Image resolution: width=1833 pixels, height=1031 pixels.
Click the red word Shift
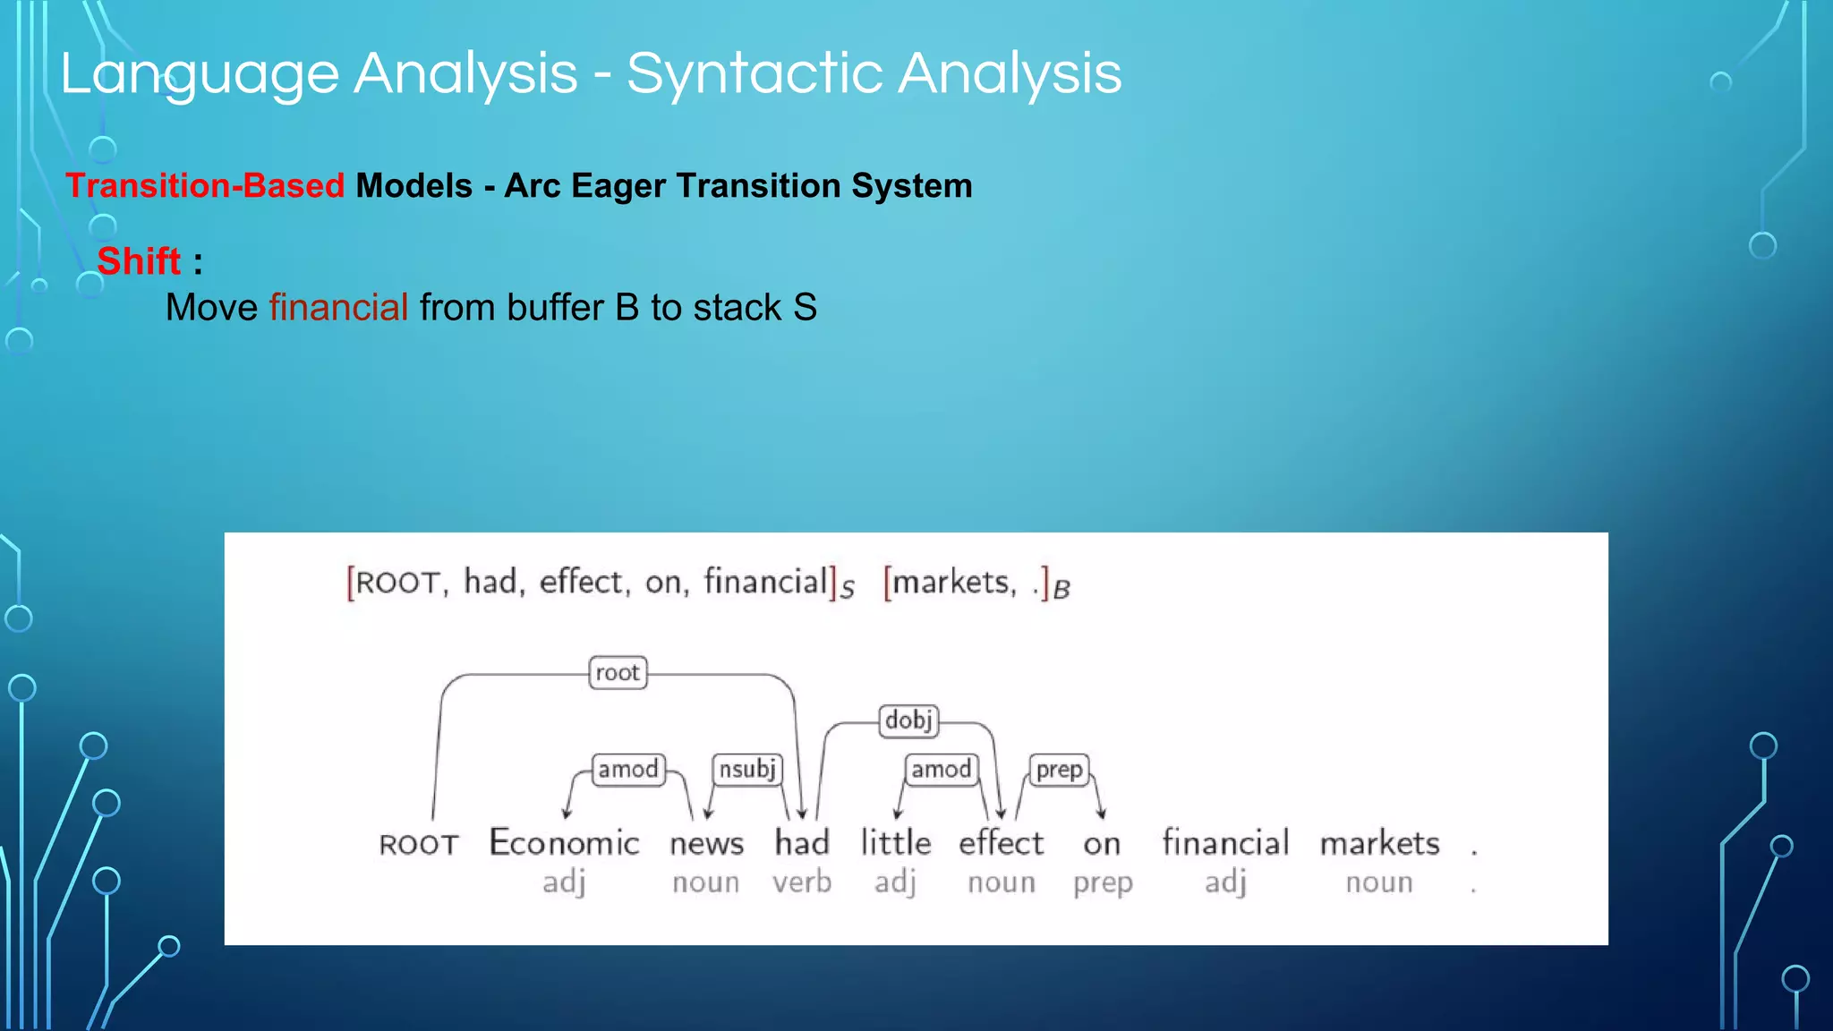139,261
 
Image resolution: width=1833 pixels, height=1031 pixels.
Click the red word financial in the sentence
338,308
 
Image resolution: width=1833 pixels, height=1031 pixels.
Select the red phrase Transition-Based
205,186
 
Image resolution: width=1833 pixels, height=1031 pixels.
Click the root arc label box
618,673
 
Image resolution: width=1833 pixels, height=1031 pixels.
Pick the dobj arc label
908,720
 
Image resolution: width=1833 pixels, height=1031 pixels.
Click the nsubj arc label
747,770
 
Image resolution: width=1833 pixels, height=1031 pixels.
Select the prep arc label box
1060,770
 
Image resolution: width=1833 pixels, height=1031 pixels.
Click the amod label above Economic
628,770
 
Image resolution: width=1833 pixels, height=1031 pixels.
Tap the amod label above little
941,770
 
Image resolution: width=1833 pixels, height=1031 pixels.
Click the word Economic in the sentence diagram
564,843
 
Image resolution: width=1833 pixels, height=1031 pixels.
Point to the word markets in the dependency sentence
1379,843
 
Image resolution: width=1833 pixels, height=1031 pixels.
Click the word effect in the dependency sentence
1001,843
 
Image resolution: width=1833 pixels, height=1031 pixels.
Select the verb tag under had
802,882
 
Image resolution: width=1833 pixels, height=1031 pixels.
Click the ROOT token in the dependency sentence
419,845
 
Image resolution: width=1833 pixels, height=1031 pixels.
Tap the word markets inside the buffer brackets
951,583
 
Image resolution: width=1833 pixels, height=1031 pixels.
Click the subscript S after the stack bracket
847,590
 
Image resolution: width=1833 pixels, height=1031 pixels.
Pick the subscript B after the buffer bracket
1061,590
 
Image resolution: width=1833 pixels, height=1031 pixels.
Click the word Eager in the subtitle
618,186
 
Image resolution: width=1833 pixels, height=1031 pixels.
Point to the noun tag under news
705,882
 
